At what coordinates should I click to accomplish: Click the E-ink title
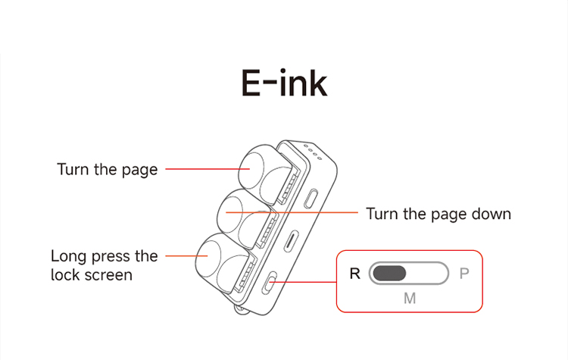[284, 83]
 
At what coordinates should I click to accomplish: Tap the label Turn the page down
[438, 214]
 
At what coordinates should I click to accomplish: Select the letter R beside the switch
[355, 274]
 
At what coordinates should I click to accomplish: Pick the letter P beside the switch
[464, 274]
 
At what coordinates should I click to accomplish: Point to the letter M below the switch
[410, 299]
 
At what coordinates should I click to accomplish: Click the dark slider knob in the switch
[389, 273]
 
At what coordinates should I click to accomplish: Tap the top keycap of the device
[267, 172]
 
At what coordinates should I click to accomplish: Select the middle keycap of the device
[246, 218]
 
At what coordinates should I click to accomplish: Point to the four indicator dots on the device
[313, 152]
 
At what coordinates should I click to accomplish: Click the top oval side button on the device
[311, 199]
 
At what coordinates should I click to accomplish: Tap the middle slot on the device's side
[291, 241]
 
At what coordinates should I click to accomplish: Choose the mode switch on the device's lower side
[270, 283]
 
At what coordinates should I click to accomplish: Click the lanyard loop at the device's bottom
[240, 309]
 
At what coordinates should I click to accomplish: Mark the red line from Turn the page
[208, 169]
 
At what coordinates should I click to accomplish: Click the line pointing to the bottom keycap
[186, 256]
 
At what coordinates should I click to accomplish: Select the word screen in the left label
[112, 275]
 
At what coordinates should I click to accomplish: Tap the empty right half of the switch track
[426, 273]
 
